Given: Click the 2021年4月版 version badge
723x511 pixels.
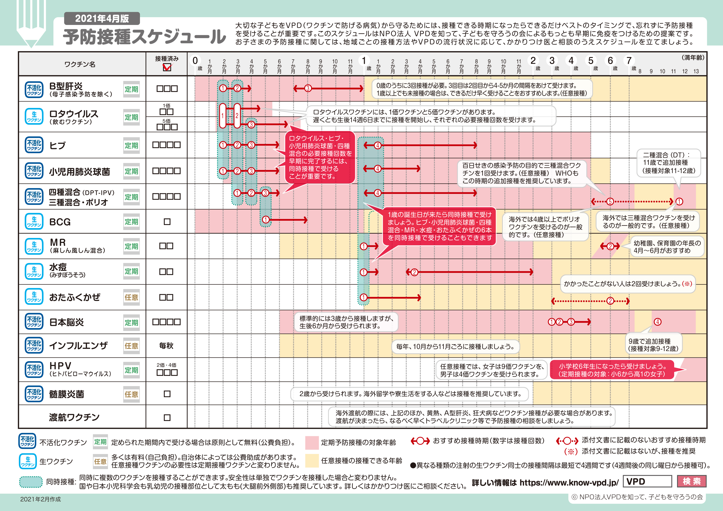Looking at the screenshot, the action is pyautogui.click(x=102, y=19).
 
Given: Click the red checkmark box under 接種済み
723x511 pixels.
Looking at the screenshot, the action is pyautogui.click(x=167, y=67).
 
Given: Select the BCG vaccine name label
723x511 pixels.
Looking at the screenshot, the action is pyautogui.click(x=60, y=222).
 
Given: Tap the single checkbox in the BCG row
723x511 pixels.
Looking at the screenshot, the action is pyautogui.click(x=167, y=222).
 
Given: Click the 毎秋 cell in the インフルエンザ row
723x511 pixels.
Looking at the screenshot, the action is pyautogui.click(x=166, y=346).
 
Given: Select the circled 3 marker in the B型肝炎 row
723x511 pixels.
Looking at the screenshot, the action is pyautogui.click(x=308, y=88).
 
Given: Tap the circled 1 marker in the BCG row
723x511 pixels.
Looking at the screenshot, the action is pyautogui.click(x=266, y=220).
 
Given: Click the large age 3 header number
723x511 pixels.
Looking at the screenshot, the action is pyautogui.click(x=552, y=60).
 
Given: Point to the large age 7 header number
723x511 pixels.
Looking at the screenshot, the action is pyautogui.click(x=629, y=60).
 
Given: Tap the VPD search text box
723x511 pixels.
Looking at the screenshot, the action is pyautogui.click(x=647, y=481).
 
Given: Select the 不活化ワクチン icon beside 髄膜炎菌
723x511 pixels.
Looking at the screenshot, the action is pyautogui.click(x=34, y=394).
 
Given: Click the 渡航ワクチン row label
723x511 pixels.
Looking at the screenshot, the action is pyautogui.click(x=74, y=417).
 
